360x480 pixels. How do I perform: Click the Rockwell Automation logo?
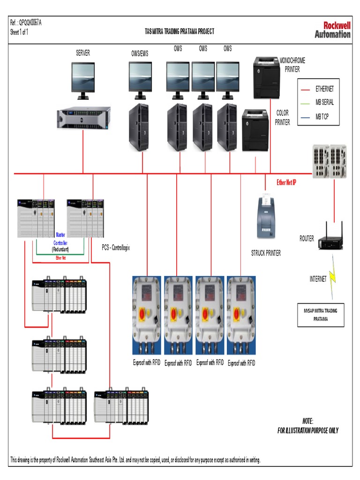[332, 30]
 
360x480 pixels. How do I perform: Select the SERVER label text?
[83, 53]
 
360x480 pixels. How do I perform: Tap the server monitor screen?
[83, 76]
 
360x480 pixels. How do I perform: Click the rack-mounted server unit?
[84, 117]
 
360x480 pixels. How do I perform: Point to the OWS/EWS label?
[140, 53]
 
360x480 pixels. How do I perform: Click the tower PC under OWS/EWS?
[139, 127]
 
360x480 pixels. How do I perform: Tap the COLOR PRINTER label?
[283, 118]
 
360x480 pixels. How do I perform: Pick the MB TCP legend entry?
[322, 116]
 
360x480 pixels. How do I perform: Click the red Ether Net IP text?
[286, 182]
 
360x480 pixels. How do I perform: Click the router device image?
[330, 240]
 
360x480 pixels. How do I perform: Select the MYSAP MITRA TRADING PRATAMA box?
[321, 315]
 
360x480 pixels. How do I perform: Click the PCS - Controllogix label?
[116, 247]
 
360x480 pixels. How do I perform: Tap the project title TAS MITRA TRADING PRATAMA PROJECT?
[180, 31]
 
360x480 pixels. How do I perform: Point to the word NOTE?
[307, 421]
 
